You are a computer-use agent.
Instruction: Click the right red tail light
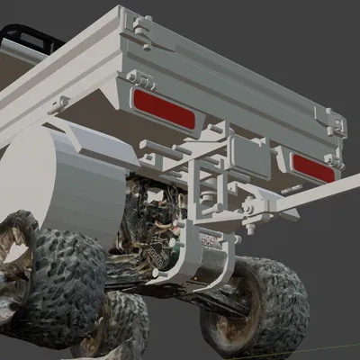coord(312,167)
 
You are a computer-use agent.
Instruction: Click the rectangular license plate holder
coord(248,157)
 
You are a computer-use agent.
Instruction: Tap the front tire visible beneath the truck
coord(117,324)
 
